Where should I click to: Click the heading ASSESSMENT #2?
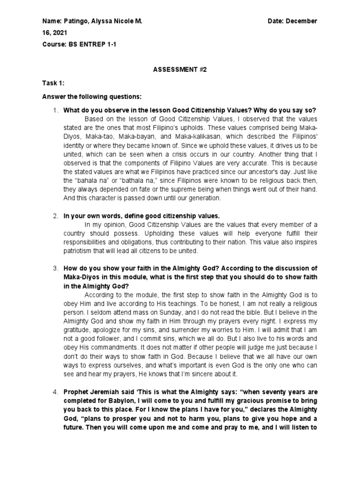180,69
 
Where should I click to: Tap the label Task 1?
52,83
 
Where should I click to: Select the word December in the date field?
301,21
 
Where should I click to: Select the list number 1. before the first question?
55,110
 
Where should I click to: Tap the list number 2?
55,216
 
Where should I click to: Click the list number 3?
55,268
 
